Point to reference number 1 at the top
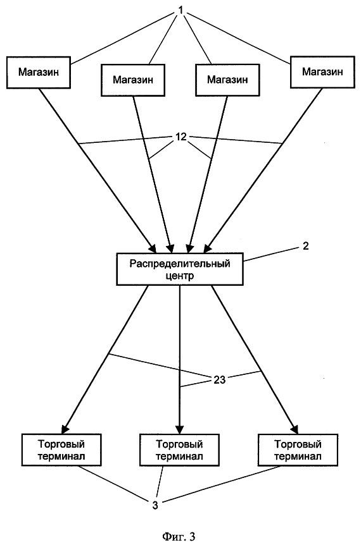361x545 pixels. point(180,10)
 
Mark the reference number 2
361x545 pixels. point(306,246)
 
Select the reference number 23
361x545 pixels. point(219,380)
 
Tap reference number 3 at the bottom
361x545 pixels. point(155,505)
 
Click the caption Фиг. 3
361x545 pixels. point(179,536)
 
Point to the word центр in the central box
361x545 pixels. point(180,276)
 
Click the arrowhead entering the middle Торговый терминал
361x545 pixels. point(180,429)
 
